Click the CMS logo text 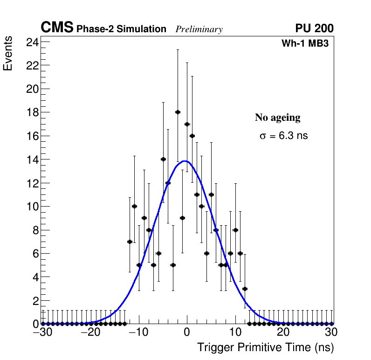57,28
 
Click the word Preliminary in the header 199,29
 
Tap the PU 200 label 314,28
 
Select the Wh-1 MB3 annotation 305,44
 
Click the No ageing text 277,118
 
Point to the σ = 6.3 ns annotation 283,136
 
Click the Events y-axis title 8,55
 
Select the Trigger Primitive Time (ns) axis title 265,347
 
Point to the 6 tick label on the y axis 34,254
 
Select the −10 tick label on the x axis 138,333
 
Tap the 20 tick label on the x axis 283,333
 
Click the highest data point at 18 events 178,112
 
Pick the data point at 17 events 187,124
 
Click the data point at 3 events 245,289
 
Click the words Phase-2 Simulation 121,29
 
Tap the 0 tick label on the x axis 187,333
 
